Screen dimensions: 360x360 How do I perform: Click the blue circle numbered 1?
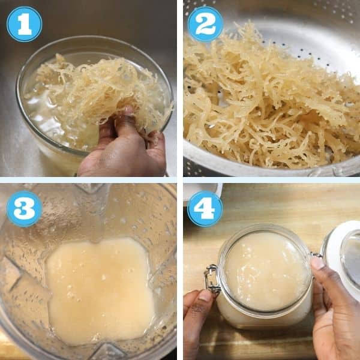[25, 24]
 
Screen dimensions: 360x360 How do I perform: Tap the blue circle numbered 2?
[205, 24]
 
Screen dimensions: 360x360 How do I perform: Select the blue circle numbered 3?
[25, 209]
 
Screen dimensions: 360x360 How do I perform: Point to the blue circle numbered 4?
[205, 209]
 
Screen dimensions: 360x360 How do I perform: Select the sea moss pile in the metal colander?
[271, 101]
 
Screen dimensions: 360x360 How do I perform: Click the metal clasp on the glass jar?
[212, 279]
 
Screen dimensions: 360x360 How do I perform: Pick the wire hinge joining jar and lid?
[317, 255]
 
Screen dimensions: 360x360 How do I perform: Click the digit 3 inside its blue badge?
[24, 209]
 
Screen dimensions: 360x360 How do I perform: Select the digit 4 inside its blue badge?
[205, 209]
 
